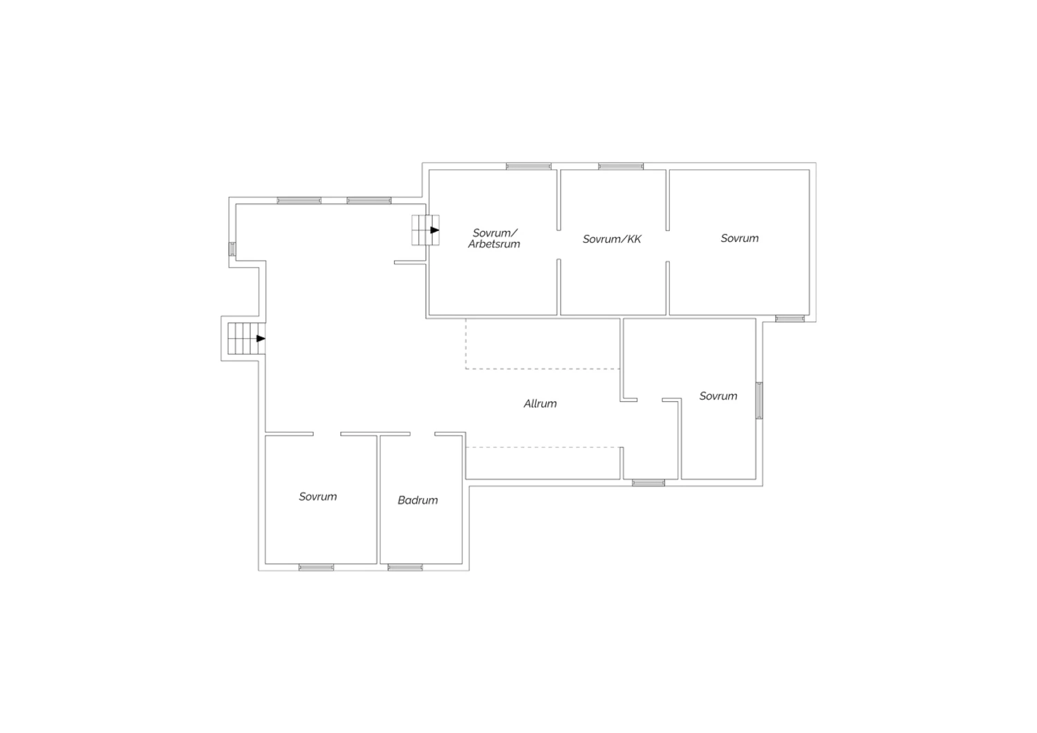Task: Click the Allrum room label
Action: coord(540,403)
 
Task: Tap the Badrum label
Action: coord(418,500)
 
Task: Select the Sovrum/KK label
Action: coord(612,239)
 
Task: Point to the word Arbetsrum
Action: coord(494,244)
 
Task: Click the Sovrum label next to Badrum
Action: coord(317,497)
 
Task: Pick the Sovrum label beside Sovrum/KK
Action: coord(739,238)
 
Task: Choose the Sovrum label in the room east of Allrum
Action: coord(718,396)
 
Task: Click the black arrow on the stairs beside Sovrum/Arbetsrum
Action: coord(435,230)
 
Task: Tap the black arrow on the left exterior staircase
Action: coord(261,338)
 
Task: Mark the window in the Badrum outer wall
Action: coord(405,567)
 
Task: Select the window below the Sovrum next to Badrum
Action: coord(316,567)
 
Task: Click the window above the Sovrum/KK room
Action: coord(621,166)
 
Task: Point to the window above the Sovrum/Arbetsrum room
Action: coord(529,166)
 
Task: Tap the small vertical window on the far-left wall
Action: coord(232,249)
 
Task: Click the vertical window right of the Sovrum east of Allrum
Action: coord(759,400)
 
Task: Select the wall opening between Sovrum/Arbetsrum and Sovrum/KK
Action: coord(559,245)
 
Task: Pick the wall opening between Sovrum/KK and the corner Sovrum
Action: coord(668,246)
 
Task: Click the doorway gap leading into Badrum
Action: coord(422,434)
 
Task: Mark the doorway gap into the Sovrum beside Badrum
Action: coord(327,434)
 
